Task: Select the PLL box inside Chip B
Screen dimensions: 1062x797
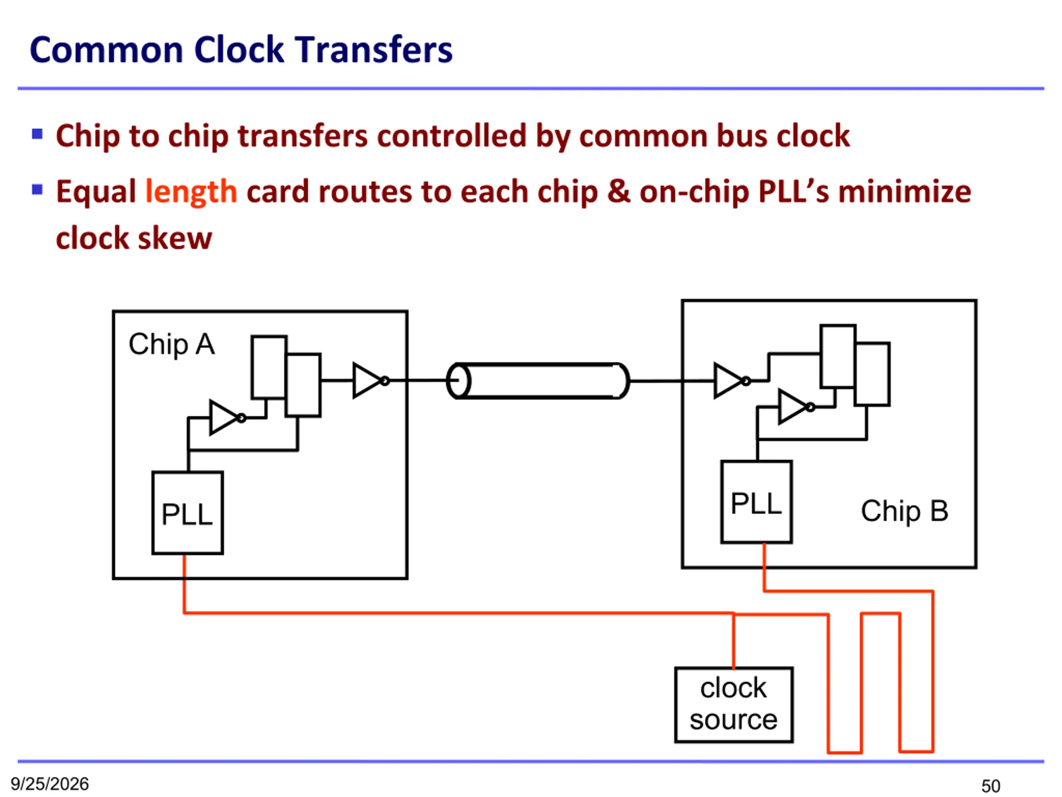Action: pos(756,502)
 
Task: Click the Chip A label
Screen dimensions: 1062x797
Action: pos(171,345)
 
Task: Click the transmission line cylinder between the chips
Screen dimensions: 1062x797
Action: pos(538,381)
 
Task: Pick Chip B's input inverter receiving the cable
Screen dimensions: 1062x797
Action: pos(732,381)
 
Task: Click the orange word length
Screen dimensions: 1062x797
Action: pos(191,192)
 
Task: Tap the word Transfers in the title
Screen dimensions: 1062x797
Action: pos(373,50)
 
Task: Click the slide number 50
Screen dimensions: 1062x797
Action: pos(991,786)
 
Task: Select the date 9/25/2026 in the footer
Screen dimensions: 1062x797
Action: pos(50,784)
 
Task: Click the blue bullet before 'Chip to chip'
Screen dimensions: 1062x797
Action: pos(37,134)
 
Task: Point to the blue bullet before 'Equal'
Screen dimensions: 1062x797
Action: pos(37,190)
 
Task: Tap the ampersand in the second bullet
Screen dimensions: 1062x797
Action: pos(619,191)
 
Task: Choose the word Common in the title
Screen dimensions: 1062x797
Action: pos(107,50)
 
